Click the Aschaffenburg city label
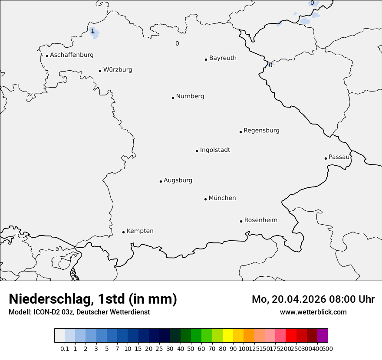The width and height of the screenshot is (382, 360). tap(72, 55)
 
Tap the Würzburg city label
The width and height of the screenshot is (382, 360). tap(118, 70)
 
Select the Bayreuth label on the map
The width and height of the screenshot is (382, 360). tap(223, 58)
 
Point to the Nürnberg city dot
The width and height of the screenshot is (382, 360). tap(173, 98)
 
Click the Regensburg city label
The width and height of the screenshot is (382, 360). tap(261, 131)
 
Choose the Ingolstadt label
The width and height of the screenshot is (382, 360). tap(215, 150)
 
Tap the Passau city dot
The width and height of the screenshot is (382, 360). tap(326, 158)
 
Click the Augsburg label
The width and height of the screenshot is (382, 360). tap(178, 180)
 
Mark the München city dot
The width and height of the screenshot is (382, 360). tap(205, 199)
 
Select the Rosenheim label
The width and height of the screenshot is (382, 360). tap(260, 220)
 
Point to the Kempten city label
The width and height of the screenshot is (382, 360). tap(140, 231)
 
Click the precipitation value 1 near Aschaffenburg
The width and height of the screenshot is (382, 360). tap(92, 31)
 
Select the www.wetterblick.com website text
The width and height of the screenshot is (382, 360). tap(313, 312)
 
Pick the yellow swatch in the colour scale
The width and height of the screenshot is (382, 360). tap(228, 336)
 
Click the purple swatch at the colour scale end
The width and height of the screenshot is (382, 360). tap(323, 336)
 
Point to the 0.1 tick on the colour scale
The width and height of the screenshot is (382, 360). tap(65, 348)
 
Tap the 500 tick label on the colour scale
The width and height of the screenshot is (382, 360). tap(328, 348)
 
